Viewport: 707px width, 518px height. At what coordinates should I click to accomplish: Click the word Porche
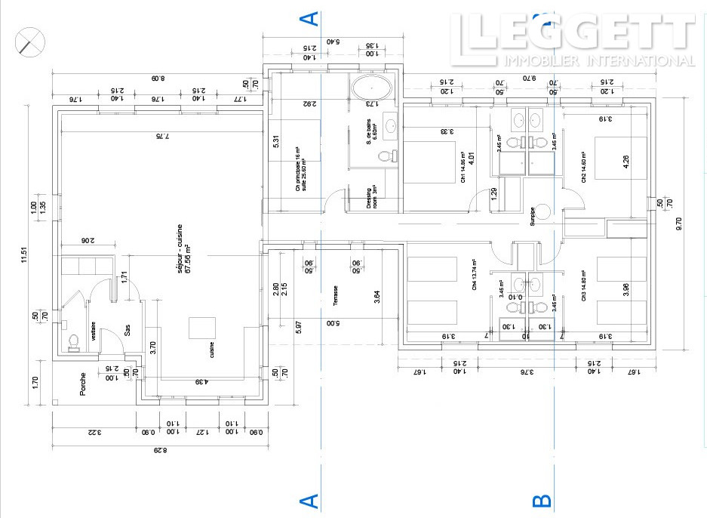pyautogui.click(x=83, y=384)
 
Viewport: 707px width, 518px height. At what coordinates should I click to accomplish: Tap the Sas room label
pyautogui.click(x=128, y=333)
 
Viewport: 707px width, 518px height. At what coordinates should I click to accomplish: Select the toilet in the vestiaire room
pyautogui.click(x=73, y=343)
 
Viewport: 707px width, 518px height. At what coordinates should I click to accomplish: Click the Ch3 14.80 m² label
pyautogui.click(x=583, y=287)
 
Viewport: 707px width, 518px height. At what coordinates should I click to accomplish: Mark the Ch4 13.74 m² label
pyautogui.click(x=475, y=277)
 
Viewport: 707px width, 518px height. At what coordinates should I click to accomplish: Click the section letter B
pyautogui.click(x=543, y=501)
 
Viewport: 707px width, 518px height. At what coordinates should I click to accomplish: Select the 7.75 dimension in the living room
pyautogui.click(x=158, y=137)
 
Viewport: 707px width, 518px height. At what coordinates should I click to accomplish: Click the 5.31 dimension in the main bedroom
pyautogui.click(x=277, y=141)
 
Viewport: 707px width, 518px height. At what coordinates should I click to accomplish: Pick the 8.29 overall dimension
pyautogui.click(x=157, y=451)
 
